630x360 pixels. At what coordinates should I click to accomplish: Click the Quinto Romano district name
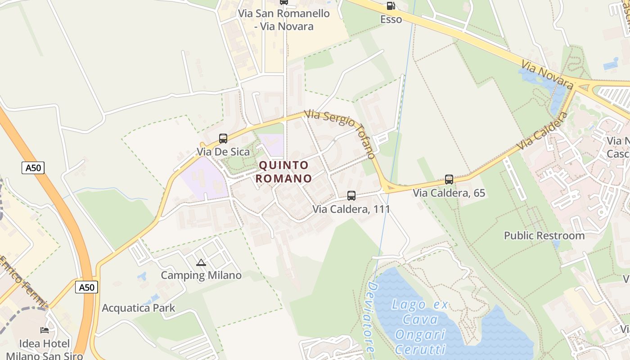click(x=284, y=171)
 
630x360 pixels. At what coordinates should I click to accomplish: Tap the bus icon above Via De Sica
click(x=223, y=139)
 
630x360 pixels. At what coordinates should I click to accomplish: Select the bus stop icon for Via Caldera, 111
click(x=351, y=196)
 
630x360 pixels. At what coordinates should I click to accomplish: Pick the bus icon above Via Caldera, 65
click(x=449, y=180)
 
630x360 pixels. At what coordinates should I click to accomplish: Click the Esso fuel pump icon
click(x=391, y=6)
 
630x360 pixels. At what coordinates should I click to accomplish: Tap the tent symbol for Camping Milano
click(x=201, y=262)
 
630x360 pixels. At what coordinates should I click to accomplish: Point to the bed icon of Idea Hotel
click(x=45, y=330)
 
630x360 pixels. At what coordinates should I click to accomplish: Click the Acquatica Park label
click(x=139, y=308)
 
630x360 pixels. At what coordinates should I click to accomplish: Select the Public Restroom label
click(x=544, y=235)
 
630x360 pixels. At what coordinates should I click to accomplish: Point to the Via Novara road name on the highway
click(x=547, y=74)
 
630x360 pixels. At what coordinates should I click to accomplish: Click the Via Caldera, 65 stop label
click(x=449, y=193)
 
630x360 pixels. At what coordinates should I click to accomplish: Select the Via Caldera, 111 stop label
click(x=351, y=209)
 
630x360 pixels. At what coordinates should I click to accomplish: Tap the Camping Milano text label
click(x=201, y=275)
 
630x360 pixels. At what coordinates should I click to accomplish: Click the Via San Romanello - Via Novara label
click(x=284, y=20)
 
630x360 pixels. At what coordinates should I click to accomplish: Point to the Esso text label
click(x=391, y=19)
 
